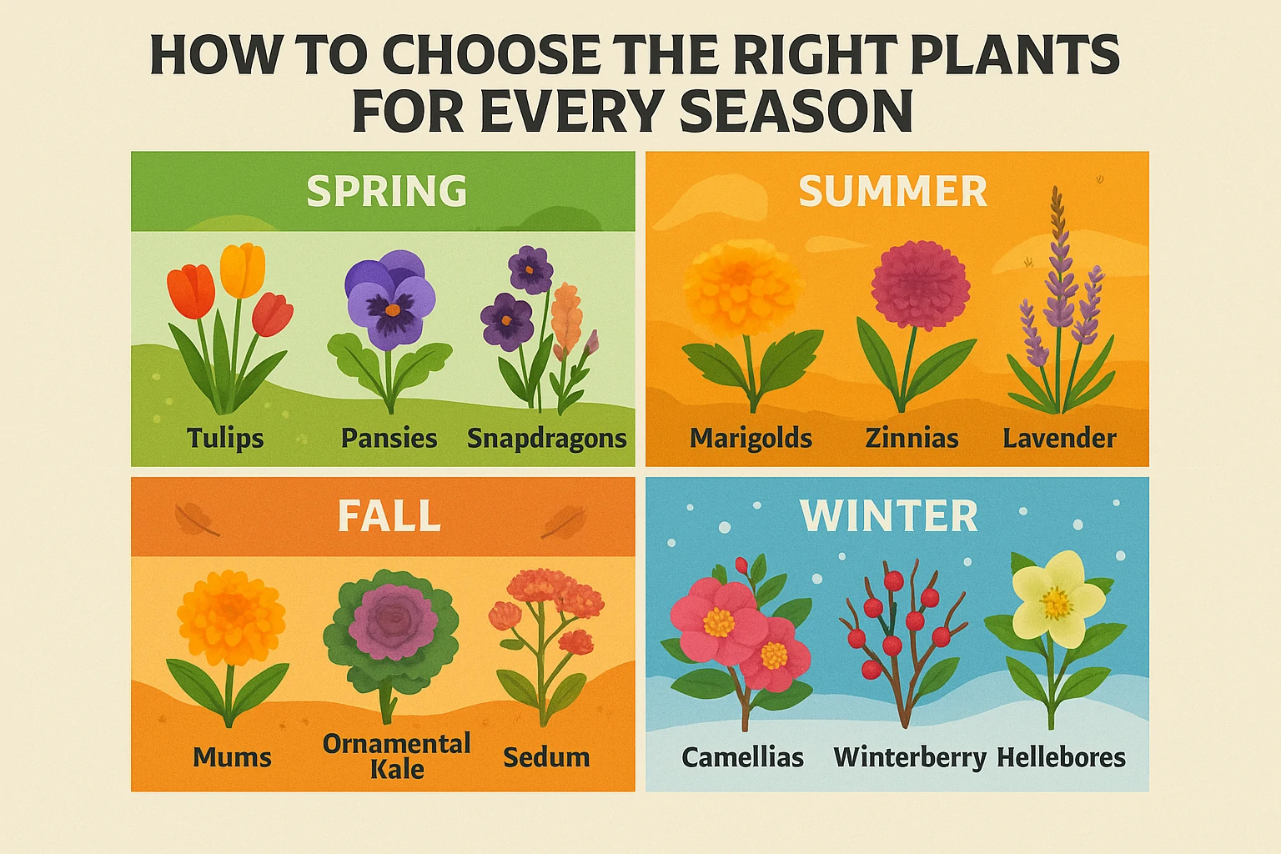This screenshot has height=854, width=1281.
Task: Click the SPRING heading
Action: pos(387,190)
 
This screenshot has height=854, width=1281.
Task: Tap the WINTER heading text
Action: pos(889,516)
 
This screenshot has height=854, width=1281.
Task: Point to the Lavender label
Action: pos(1059,438)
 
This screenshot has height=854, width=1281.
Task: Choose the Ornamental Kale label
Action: pos(396,756)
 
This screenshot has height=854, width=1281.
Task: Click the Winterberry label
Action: pos(910,758)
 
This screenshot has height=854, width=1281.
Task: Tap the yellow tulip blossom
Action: pos(243,270)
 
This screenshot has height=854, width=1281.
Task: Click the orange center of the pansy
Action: pos(392,310)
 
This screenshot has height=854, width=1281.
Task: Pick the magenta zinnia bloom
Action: pos(920,284)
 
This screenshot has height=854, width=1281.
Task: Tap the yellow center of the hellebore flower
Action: pos(1056,604)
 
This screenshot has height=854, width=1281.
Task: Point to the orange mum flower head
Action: pos(230,617)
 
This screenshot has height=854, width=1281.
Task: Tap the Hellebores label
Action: pos(1061,758)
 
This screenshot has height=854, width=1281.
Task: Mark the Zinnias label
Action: pos(912,438)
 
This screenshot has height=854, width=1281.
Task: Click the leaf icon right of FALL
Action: pos(565,522)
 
